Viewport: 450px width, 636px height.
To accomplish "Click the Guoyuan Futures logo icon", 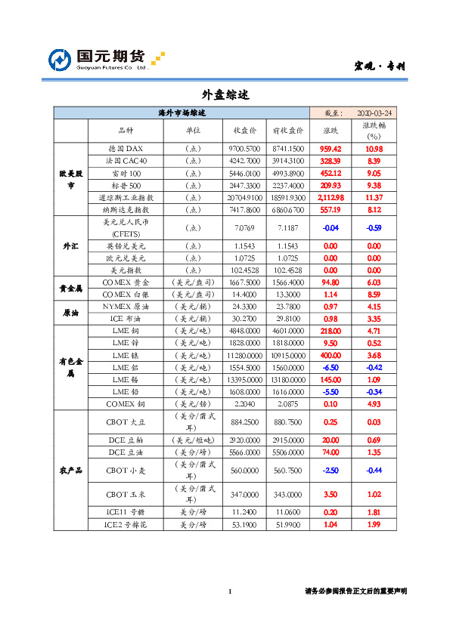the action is pyautogui.click(x=61, y=60).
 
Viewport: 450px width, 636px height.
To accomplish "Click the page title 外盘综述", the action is pyautogui.click(x=225, y=95).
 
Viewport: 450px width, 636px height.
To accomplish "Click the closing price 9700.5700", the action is pyautogui.click(x=244, y=149).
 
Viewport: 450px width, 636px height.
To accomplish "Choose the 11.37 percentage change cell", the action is pyautogui.click(x=374, y=197).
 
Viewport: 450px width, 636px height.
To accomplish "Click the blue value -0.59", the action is pyautogui.click(x=374, y=227).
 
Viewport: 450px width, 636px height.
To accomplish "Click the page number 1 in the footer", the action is pyautogui.click(x=229, y=591).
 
